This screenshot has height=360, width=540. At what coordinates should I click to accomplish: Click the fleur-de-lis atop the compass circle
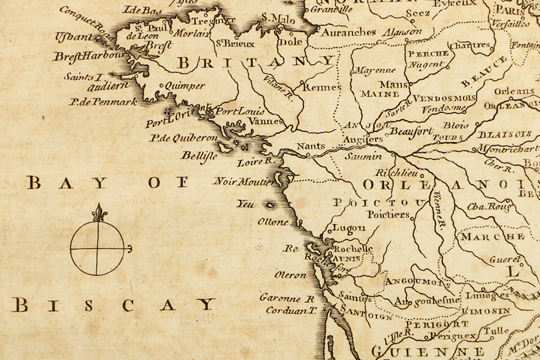coord(98,213)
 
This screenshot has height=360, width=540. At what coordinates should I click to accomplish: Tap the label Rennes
coord(322,86)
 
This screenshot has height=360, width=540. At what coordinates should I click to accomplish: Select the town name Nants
coord(311,146)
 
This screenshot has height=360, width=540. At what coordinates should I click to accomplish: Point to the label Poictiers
coord(388,214)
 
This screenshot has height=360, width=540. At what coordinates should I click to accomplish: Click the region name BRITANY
coord(256,63)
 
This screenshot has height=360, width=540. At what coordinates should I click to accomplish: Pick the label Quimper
coord(185,86)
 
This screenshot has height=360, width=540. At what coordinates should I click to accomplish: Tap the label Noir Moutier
coord(244,181)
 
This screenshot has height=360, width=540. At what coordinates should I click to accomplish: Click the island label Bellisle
coord(199,155)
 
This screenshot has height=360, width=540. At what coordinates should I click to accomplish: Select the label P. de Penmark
coord(103,101)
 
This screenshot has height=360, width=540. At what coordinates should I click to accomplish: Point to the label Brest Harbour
coord(90,56)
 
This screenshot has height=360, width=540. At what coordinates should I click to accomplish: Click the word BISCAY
coord(113,305)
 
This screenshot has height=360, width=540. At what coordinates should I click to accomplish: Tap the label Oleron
coord(290,275)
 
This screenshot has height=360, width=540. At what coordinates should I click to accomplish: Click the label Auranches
coord(349,32)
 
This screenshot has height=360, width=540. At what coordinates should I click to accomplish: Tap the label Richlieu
coord(400,173)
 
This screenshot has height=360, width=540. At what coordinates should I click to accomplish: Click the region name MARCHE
coord(492,236)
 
